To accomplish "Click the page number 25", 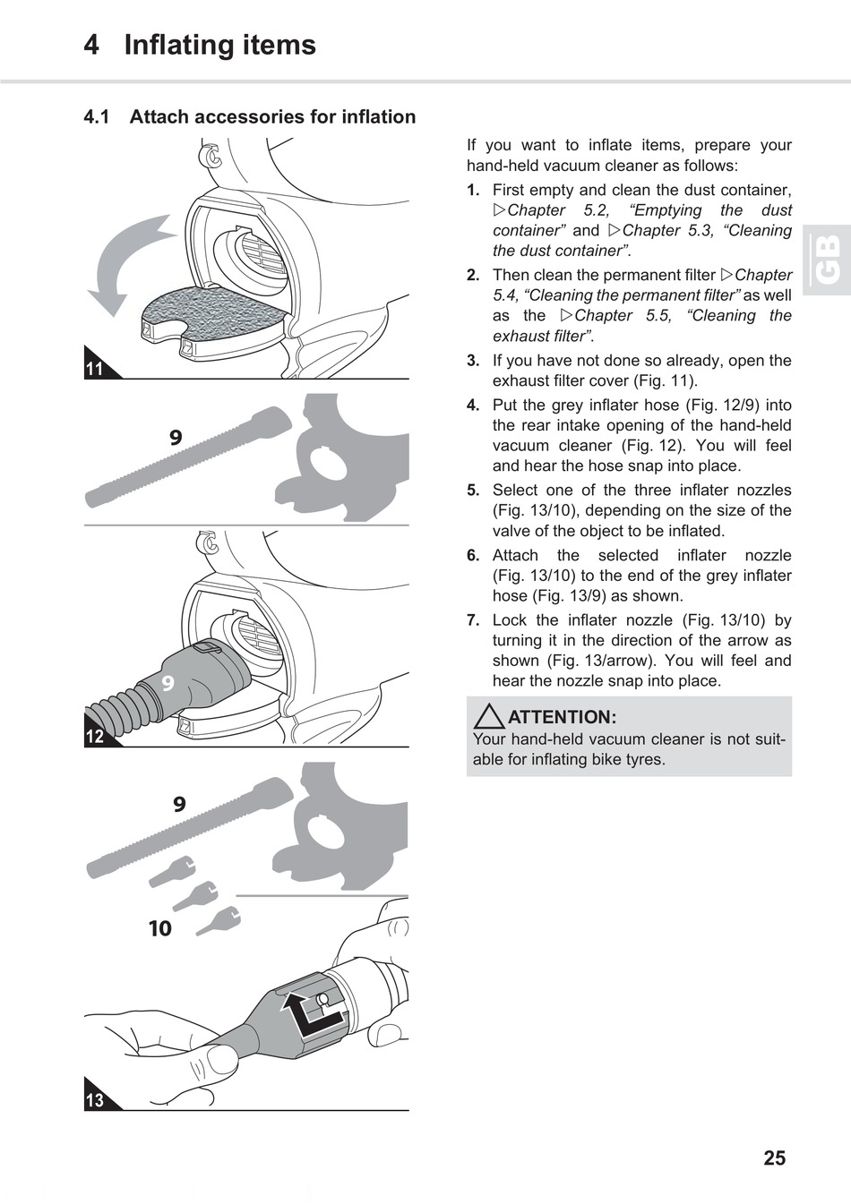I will [774, 1158].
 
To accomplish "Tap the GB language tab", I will [827, 260].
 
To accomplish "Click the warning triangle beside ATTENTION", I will [489, 716].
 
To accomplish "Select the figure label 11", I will [95, 369].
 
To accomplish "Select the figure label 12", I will [95, 737].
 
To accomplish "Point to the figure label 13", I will [95, 1100].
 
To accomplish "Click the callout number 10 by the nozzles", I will [159, 928].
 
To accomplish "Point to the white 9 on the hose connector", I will [168, 684].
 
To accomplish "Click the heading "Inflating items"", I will [219, 45].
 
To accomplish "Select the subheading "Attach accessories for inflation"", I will [272, 116].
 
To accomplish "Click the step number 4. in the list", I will [473, 406].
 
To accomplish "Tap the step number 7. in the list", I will [473, 620].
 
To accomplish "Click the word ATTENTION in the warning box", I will [562, 717].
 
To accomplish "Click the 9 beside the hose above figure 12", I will [176, 437].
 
